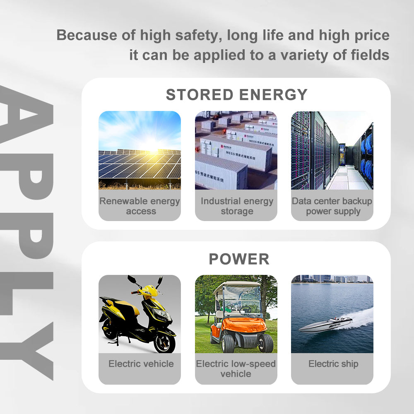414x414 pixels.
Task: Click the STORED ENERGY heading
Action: (x=236, y=95)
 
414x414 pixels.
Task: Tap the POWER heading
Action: (x=239, y=259)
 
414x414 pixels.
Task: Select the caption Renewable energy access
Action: (x=140, y=206)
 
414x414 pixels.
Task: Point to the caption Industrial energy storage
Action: (x=237, y=206)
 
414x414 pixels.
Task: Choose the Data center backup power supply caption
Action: (x=332, y=206)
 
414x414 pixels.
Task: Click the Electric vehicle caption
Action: (x=141, y=364)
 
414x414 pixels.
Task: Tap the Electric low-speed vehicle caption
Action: (x=236, y=368)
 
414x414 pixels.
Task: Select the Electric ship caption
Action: (x=333, y=364)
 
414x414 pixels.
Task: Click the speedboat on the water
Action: (x=325, y=325)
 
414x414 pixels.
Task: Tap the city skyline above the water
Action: (x=331, y=279)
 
